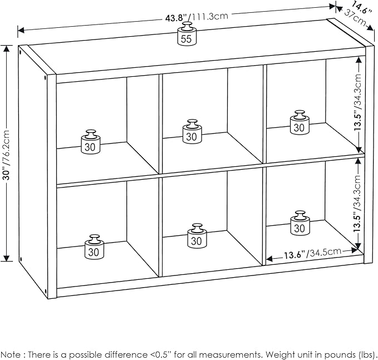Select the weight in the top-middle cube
click(x=192, y=132)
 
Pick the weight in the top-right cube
click(x=300, y=123)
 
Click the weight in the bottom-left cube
click(x=94, y=248)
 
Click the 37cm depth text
click(x=358, y=21)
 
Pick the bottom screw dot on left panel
click(x=22, y=259)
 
